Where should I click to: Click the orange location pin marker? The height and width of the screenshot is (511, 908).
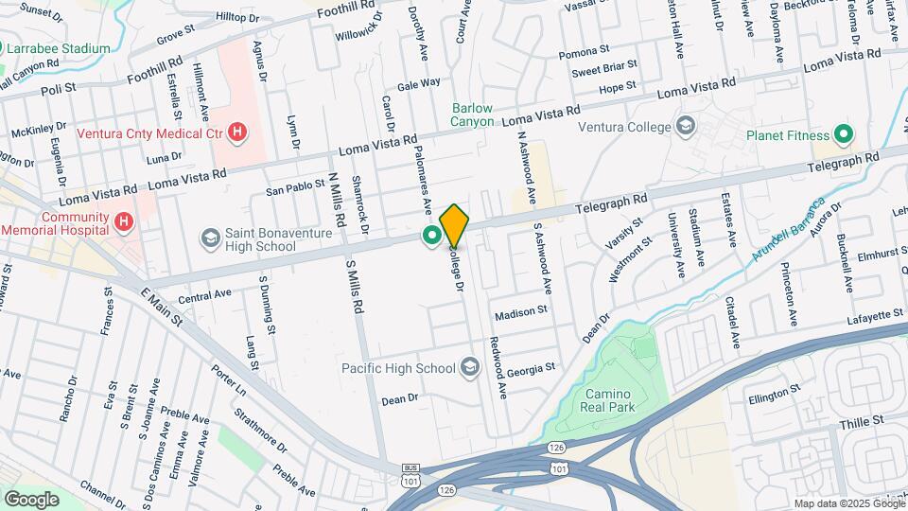point(454,224)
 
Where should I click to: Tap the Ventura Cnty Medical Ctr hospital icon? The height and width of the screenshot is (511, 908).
point(237,133)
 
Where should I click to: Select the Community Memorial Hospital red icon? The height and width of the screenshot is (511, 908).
point(123,222)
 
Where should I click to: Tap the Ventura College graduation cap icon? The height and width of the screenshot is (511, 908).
point(686,126)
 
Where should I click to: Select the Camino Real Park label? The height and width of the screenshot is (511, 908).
point(609,400)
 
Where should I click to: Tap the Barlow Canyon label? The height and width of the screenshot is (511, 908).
point(472,115)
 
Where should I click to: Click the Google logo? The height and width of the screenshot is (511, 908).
point(31,499)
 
